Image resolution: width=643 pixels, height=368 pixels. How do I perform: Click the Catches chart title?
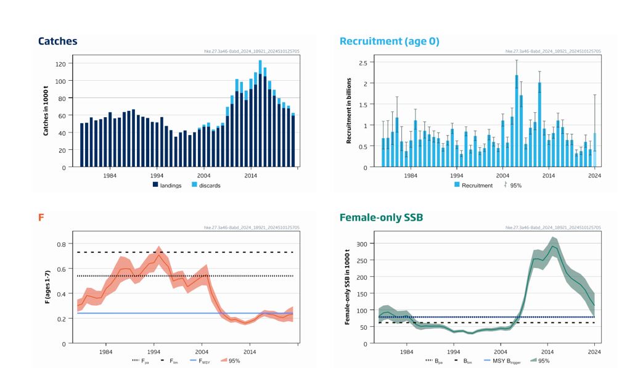(x=57, y=41)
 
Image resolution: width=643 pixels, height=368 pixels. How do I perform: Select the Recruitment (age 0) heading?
(x=389, y=41)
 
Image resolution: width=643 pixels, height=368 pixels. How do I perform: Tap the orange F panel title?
(x=41, y=218)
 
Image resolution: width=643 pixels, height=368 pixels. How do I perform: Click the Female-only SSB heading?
(x=381, y=218)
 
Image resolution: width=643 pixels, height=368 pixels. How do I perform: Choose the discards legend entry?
(x=205, y=185)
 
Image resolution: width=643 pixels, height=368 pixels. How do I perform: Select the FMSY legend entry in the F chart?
(x=200, y=361)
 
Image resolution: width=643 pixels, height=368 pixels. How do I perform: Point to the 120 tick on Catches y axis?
(x=60, y=64)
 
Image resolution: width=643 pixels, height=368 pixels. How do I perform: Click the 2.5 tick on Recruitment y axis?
(x=362, y=63)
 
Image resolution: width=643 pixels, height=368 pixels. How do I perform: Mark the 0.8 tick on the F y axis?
(x=60, y=244)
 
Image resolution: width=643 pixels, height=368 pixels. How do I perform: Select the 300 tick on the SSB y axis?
(x=361, y=245)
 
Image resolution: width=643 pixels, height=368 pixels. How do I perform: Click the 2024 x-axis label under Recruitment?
(x=594, y=176)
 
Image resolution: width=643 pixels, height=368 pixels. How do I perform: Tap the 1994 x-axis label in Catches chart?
(x=157, y=176)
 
